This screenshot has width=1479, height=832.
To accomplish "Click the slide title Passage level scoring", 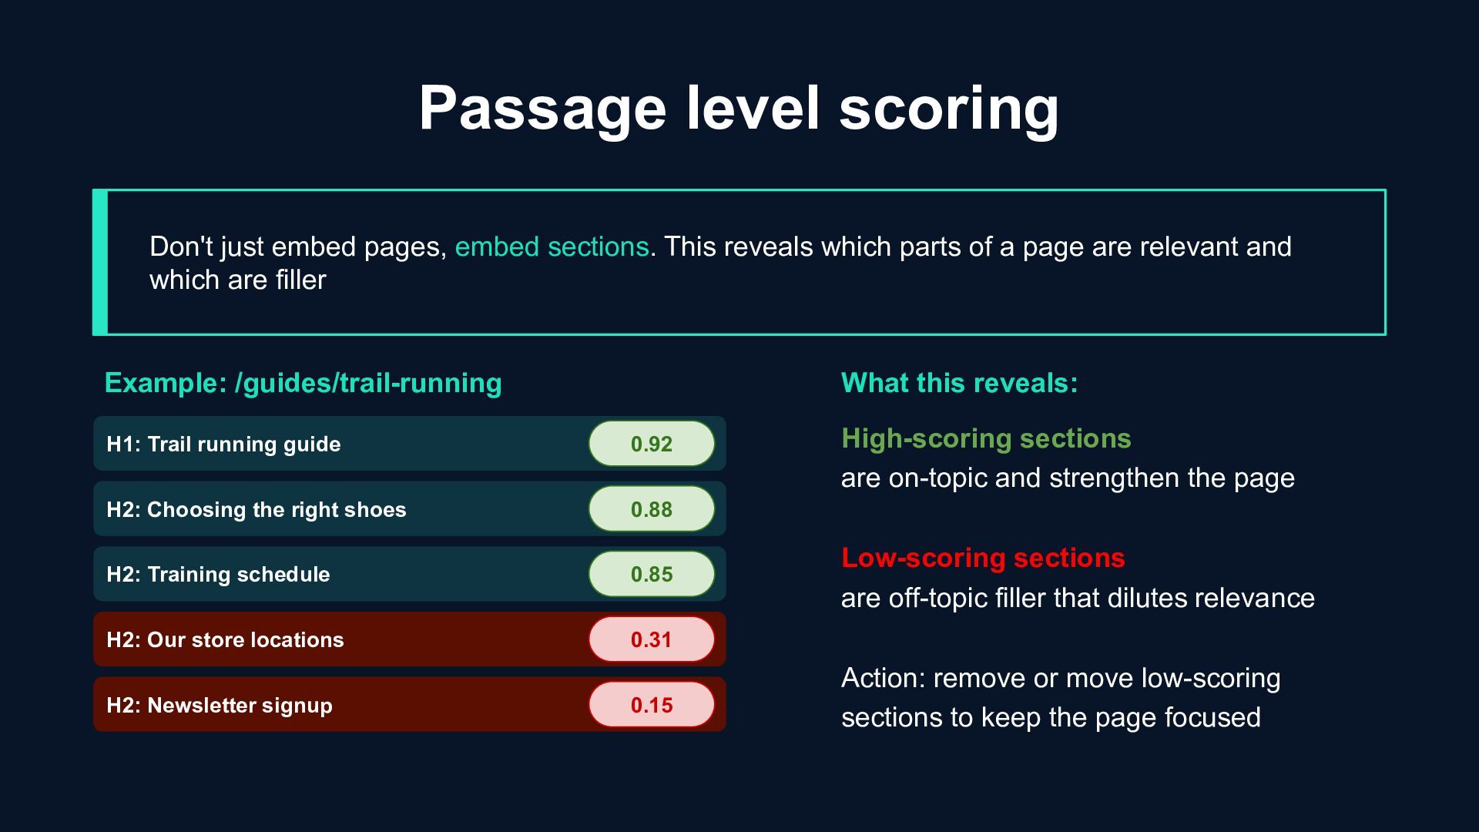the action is click(739, 109).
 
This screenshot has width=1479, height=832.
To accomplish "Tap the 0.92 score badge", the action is click(652, 444).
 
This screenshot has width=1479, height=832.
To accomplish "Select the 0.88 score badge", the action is click(652, 509).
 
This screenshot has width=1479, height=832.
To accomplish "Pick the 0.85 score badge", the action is click(652, 574).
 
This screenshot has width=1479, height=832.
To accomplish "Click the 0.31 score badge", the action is click(652, 639).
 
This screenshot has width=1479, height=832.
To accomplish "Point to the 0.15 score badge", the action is click(652, 705).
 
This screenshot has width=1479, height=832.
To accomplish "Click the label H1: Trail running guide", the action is click(223, 445).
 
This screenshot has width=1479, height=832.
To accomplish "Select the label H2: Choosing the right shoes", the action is click(257, 510).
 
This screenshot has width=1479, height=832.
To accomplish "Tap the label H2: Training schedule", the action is click(218, 575).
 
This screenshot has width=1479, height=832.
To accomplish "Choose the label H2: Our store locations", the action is click(225, 640).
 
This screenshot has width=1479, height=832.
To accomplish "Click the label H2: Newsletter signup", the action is click(220, 706).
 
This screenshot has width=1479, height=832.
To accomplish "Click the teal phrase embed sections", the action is click(552, 247).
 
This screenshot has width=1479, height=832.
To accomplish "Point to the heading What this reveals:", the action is click(959, 383).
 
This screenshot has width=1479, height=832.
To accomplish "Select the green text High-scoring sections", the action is click(986, 438).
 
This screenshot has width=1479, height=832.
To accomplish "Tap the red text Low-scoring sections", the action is click(983, 558).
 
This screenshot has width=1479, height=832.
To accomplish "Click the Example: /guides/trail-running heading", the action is click(303, 383).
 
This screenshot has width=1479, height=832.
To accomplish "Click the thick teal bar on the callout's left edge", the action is click(100, 262).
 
